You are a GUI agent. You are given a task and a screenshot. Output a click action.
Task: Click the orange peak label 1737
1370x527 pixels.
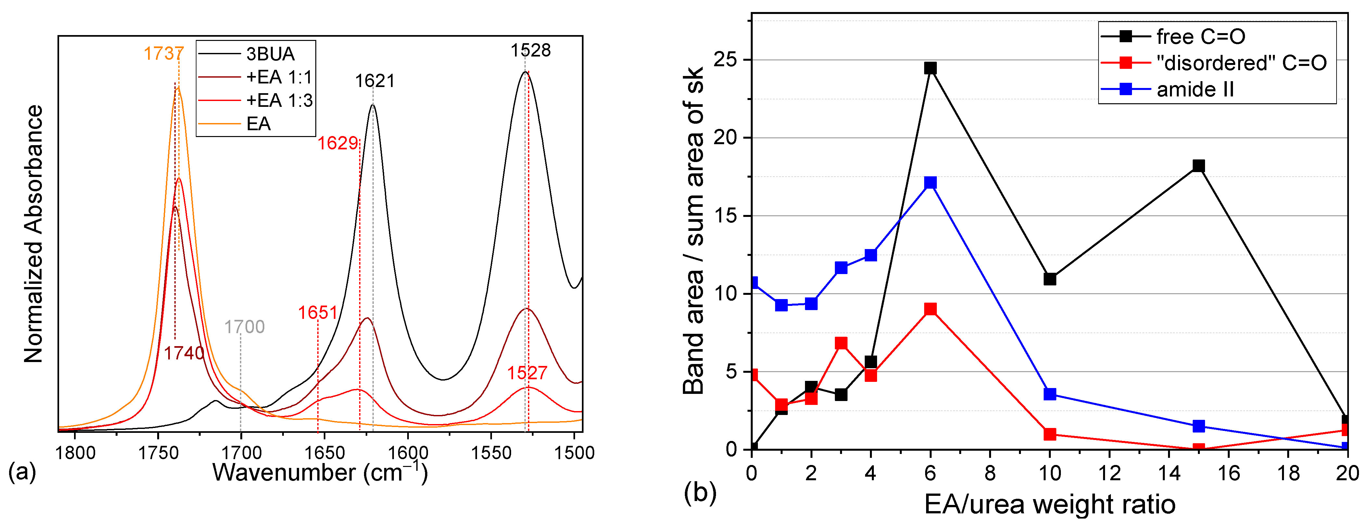[x=163, y=54]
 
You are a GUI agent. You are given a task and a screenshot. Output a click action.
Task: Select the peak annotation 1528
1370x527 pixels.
[x=530, y=51]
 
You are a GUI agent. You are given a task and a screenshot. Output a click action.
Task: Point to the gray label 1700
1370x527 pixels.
[x=244, y=327]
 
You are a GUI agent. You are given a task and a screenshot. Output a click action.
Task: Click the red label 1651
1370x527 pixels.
[x=318, y=313]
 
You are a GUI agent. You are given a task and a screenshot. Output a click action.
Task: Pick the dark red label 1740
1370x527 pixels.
[x=183, y=353]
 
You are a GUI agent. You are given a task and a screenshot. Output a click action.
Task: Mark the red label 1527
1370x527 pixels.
[x=526, y=373]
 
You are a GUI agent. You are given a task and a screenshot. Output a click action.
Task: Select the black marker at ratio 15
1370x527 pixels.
[x=1198, y=166]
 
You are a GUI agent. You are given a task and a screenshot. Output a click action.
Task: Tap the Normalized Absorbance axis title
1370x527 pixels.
[x=33, y=234]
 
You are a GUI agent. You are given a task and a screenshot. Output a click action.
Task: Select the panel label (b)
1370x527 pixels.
[x=700, y=493]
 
